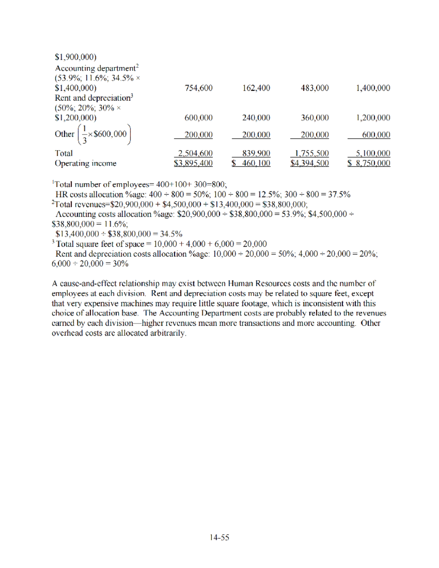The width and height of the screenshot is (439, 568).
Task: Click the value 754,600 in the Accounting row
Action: [199, 88]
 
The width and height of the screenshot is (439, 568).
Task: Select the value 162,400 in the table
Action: [256, 88]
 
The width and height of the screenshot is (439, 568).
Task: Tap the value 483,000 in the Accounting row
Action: [315, 88]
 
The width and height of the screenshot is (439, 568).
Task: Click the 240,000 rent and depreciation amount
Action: [256, 118]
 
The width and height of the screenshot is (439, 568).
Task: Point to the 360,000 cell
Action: [315, 118]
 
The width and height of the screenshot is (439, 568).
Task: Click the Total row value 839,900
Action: [256, 153]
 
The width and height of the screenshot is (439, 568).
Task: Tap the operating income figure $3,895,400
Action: [193, 163]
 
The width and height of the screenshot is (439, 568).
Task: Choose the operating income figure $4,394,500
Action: [309, 163]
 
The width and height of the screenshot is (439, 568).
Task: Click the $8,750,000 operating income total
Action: [369, 163]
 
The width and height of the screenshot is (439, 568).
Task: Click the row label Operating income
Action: [86, 163]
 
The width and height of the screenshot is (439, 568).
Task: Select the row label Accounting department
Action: [95, 68]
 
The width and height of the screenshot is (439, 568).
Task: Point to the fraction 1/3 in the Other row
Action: [85, 134]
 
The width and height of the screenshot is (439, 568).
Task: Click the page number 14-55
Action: [219, 537]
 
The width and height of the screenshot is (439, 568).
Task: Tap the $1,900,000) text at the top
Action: [75, 57]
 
